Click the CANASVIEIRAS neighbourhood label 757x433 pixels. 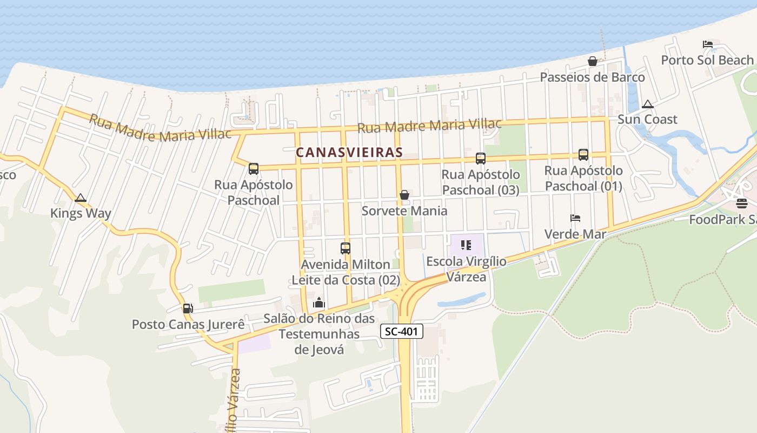349,153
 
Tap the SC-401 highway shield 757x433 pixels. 401,331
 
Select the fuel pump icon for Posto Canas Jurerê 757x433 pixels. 188,309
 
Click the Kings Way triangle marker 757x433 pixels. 81,198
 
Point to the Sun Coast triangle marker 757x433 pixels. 647,104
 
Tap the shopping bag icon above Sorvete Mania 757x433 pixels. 404,195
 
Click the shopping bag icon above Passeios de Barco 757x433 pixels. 592,62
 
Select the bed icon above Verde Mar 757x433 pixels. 575,218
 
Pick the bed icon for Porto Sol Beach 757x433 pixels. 707,44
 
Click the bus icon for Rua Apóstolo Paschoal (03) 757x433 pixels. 480,159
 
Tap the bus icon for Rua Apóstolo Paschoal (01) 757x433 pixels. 583,155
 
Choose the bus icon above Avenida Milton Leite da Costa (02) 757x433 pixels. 345,248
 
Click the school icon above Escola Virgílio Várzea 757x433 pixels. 466,245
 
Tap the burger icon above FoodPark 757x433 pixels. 741,204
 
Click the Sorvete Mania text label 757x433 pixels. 404,211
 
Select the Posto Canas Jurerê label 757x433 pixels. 188,324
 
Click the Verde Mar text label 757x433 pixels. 575,234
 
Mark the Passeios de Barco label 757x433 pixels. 592,77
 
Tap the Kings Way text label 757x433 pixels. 81,213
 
